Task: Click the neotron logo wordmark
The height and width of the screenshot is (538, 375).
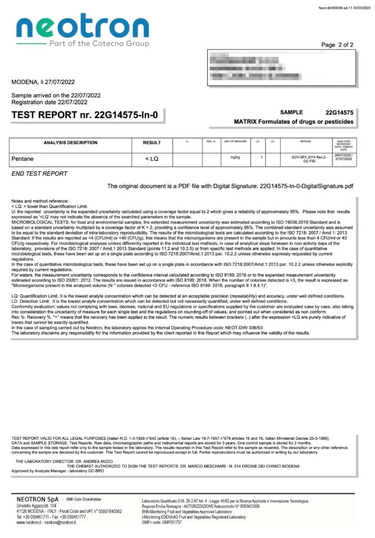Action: point(82,26)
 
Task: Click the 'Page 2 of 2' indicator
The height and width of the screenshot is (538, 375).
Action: point(337,45)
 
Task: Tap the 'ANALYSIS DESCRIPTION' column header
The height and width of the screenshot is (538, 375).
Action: point(70,142)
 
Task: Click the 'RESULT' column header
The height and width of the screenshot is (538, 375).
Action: point(152,142)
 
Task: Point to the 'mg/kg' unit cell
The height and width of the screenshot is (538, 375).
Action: point(235,157)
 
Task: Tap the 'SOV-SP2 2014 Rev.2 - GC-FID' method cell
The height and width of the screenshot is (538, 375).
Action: point(309,159)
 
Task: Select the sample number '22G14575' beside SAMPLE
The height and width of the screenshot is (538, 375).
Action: point(339,112)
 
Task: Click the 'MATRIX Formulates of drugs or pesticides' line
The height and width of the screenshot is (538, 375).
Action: point(294,122)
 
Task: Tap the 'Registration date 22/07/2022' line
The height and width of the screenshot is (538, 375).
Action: point(49,102)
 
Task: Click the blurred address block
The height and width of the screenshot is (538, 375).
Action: point(281,68)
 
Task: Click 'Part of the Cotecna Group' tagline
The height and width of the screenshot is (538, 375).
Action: point(99,44)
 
